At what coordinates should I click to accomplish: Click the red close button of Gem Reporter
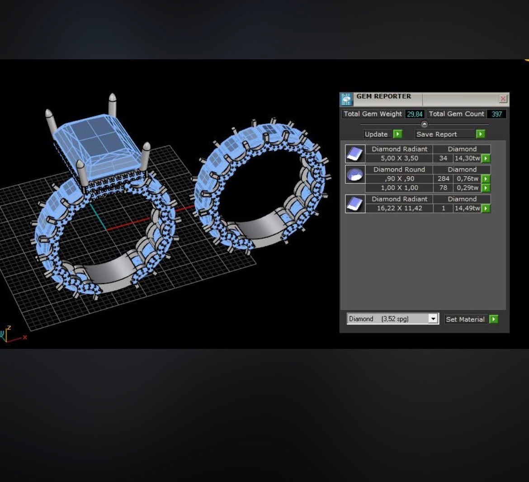pyautogui.click(x=503, y=99)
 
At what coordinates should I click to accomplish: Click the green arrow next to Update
pyautogui.click(x=398, y=134)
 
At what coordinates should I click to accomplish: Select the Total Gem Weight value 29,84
pyautogui.click(x=415, y=114)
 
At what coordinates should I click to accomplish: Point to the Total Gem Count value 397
pyautogui.click(x=496, y=114)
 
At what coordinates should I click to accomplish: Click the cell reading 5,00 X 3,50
pyautogui.click(x=399, y=158)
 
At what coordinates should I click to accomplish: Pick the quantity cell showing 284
pyautogui.click(x=443, y=179)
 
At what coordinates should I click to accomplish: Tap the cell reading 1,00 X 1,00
pyautogui.click(x=399, y=188)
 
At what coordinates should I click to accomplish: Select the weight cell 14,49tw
pyautogui.click(x=467, y=208)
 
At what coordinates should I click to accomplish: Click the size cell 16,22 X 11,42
pyautogui.click(x=399, y=208)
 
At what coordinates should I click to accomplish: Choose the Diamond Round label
pyautogui.click(x=399, y=170)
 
